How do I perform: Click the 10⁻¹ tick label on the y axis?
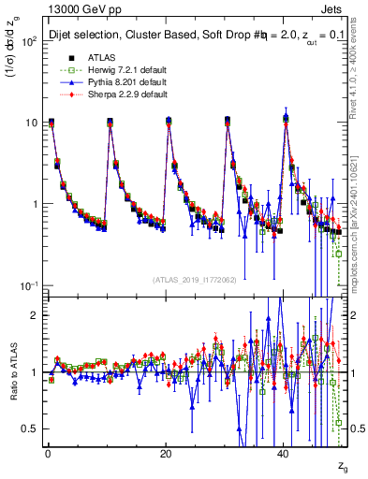pos(28,285)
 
